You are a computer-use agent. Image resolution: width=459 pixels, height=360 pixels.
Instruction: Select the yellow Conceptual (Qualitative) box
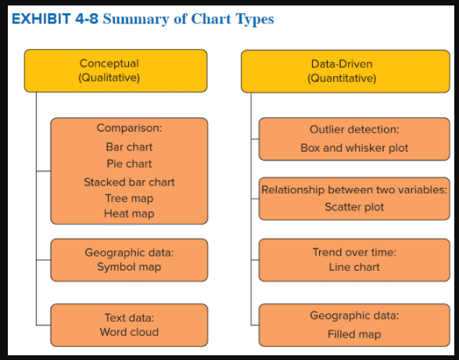pos(116,70)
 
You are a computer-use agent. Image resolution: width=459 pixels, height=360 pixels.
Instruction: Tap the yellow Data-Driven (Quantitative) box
pos(342,70)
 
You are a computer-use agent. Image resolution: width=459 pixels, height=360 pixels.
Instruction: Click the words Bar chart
pos(129,146)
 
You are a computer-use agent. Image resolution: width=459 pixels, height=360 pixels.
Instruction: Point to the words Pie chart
pos(129,164)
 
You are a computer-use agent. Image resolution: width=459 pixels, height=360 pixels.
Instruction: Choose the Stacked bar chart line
pos(129,182)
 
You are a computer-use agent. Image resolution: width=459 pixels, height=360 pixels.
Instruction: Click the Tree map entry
pos(129,198)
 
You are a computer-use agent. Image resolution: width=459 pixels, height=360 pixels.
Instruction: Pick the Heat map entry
pos(129,214)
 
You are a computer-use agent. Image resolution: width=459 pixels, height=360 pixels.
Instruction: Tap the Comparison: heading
pos(129,128)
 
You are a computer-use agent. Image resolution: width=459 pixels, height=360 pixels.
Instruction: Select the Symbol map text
pos(129,267)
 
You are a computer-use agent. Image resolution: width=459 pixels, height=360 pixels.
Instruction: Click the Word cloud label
pos(129,332)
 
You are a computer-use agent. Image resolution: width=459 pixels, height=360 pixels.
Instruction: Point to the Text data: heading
pos(129,317)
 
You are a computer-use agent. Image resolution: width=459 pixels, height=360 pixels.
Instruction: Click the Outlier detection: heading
pos(354,129)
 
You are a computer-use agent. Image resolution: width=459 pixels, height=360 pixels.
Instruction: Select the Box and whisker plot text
pos(354,147)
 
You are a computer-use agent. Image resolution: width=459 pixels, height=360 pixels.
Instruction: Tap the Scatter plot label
pos(354,207)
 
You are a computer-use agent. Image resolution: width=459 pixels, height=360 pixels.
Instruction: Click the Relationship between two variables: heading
pos(354,190)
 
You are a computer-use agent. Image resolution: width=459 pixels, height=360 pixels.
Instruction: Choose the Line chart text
pos(354,267)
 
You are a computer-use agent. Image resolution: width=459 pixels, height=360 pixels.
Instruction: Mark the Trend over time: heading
pos(354,252)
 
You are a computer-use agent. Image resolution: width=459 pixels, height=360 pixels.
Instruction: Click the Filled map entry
pos(354,334)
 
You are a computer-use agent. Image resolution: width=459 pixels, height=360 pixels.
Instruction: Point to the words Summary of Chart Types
pos(188,19)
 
